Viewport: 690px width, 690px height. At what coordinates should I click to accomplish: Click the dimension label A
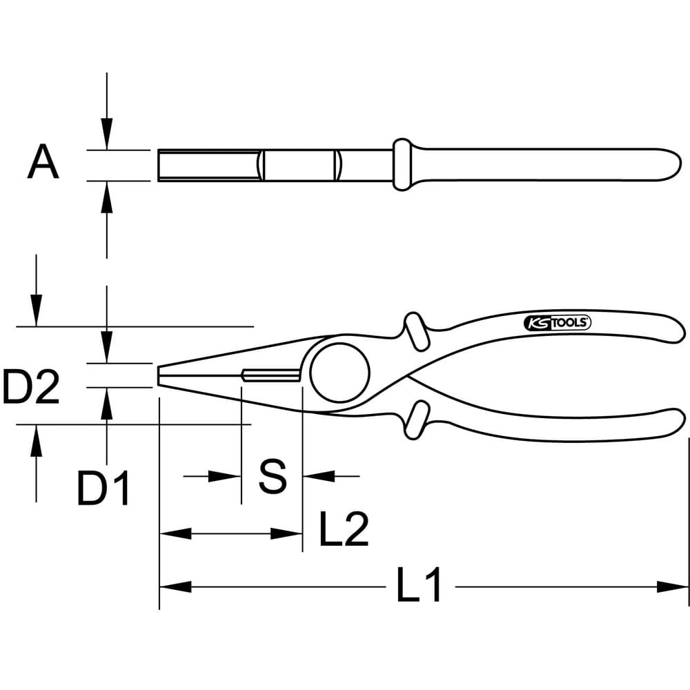pos(43,162)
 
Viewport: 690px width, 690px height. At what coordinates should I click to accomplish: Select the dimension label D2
pos(31,387)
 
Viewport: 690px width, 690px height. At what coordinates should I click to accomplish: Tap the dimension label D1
pos(103,488)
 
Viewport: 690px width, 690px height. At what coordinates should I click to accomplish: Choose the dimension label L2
pos(344,529)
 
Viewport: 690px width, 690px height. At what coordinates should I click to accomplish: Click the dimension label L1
pos(419,585)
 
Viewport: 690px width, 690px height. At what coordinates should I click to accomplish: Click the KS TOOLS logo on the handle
pos(557,323)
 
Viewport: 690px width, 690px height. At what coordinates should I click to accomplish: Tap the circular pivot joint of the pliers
pos(339,373)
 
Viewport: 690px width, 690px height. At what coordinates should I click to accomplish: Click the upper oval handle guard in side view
pos(416,331)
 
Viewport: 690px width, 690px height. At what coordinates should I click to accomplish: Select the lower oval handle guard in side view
pos(416,420)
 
